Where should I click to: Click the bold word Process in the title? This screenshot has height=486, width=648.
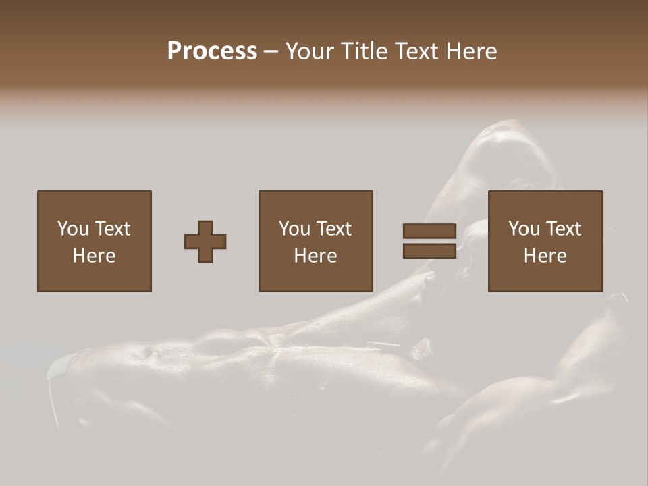[212, 51]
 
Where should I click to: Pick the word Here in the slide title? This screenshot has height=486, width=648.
[475, 51]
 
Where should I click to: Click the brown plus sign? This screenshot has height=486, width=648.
[205, 242]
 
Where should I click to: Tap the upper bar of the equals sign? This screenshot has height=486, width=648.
[429, 232]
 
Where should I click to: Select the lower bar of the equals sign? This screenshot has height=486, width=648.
[429, 251]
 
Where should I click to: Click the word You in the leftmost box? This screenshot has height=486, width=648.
[72, 229]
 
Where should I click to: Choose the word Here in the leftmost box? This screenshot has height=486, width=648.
[94, 256]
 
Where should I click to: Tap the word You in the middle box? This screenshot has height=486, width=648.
[294, 229]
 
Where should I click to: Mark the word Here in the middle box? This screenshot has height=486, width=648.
[315, 256]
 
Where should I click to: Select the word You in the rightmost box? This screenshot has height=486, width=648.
[524, 229]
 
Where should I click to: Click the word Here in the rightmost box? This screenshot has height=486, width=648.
[545, 256]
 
